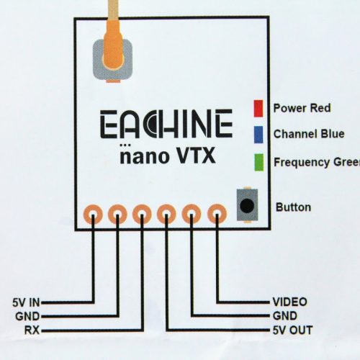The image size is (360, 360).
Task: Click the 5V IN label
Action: point(26,302)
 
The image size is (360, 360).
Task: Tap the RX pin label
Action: point(32,330)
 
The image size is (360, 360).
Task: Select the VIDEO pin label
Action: point(289,302)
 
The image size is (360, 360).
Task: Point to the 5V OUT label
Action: point(292,330)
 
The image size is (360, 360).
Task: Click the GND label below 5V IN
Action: point(27,316)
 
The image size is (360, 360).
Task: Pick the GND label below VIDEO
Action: point(285,316)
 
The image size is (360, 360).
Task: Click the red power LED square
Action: point(258,108)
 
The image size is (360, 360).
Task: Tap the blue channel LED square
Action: point(258,135)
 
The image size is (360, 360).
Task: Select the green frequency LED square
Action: point(259,162)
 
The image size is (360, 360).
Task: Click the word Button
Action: point(293,207)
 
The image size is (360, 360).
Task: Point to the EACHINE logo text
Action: point(166,124)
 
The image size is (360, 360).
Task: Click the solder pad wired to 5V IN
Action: point(93,214)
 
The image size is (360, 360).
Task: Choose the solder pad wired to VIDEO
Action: point(217,214)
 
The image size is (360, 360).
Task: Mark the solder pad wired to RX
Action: point(142,214)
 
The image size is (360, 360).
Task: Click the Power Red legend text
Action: point(302,108)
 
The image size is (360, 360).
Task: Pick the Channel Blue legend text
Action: point(309,134)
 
